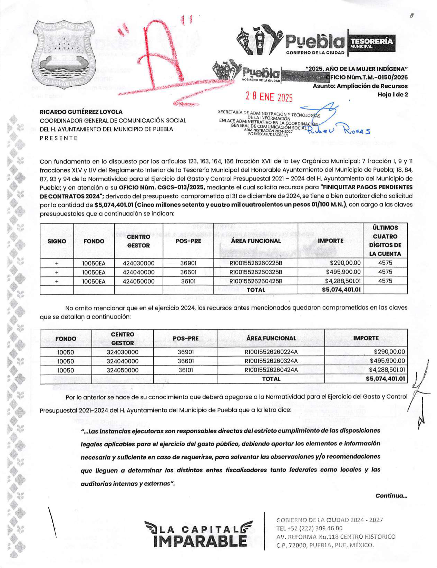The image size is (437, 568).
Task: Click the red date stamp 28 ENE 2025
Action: tap(269, 97)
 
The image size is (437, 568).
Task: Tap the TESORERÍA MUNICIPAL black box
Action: tap(371, 43)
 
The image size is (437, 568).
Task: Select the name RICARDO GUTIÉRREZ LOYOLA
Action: tap(81, 112)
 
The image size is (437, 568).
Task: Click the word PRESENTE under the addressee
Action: tap(59, 138)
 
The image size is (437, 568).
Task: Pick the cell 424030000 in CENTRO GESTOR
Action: tap(138, 263)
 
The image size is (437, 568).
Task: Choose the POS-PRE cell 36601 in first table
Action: tap(188, 272)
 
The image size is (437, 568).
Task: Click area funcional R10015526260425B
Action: tap(256, 281)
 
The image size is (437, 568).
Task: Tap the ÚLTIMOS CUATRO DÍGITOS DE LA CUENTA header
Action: tap(385, 241)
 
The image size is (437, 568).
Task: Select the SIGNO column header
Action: tap(57, 241)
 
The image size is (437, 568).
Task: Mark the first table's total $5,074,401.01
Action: tap(341, 290)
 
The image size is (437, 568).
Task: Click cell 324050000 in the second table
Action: tap(122, 370)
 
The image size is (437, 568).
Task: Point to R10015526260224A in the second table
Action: tap(271, 352)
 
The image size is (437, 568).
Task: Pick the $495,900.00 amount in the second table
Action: tap(387, 361)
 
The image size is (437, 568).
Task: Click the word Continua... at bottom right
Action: tap(391, 496)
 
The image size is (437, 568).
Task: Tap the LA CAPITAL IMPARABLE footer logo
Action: tap(198, 534)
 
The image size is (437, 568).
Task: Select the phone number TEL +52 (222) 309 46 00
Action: tap(309, 528)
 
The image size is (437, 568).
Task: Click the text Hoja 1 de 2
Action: tap(392, 95)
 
